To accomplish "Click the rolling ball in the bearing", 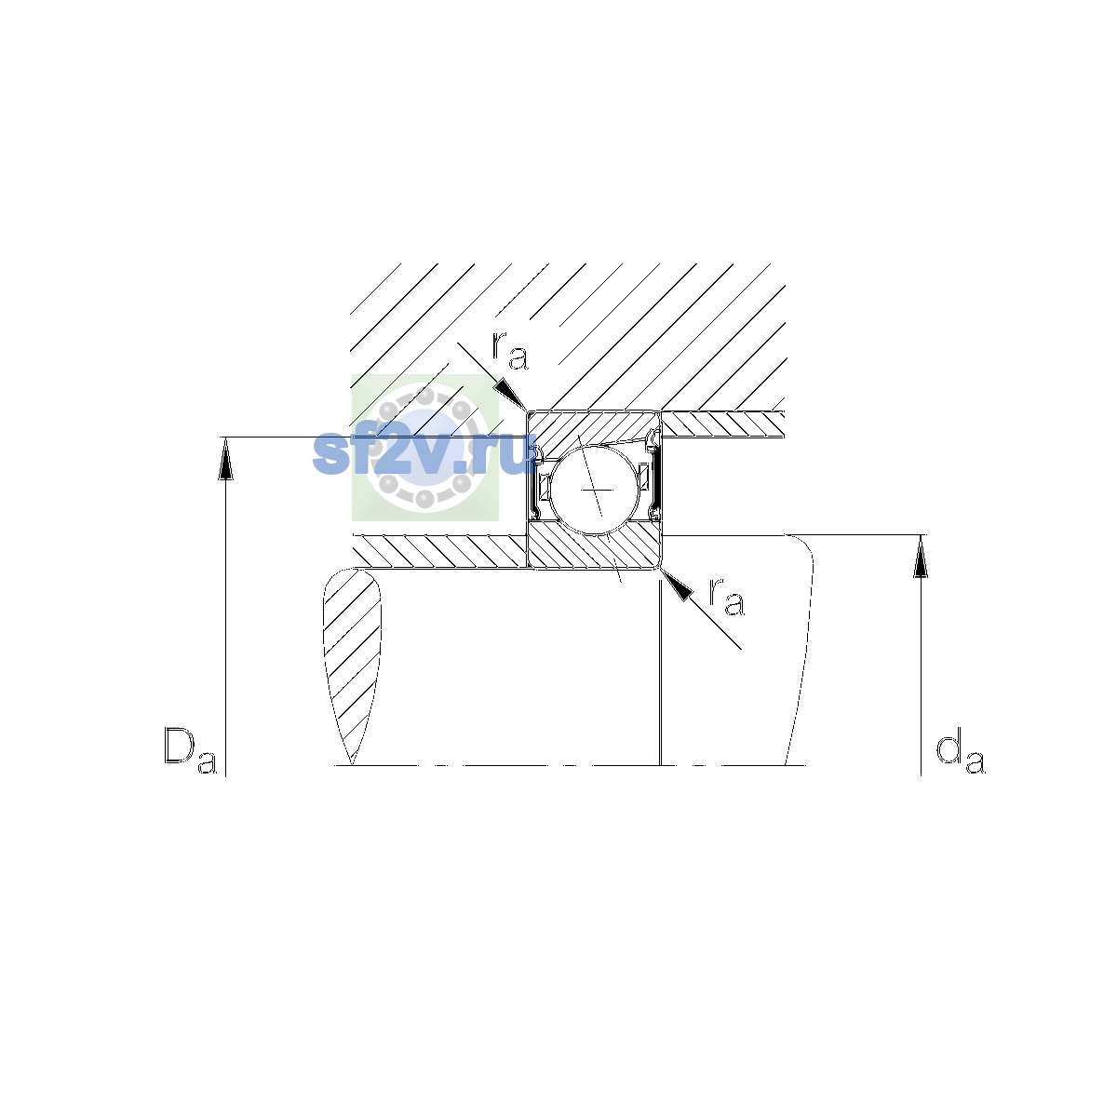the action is tap(594, 491).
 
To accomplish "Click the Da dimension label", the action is tap(191, 751).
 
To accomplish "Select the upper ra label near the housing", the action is tap(510, 351).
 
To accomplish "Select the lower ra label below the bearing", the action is tap(727, 597).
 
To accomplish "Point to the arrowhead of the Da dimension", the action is tap(225, 459).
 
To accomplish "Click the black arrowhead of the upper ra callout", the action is tap(510, 395).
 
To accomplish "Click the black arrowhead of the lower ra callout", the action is tap(677, 585).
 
